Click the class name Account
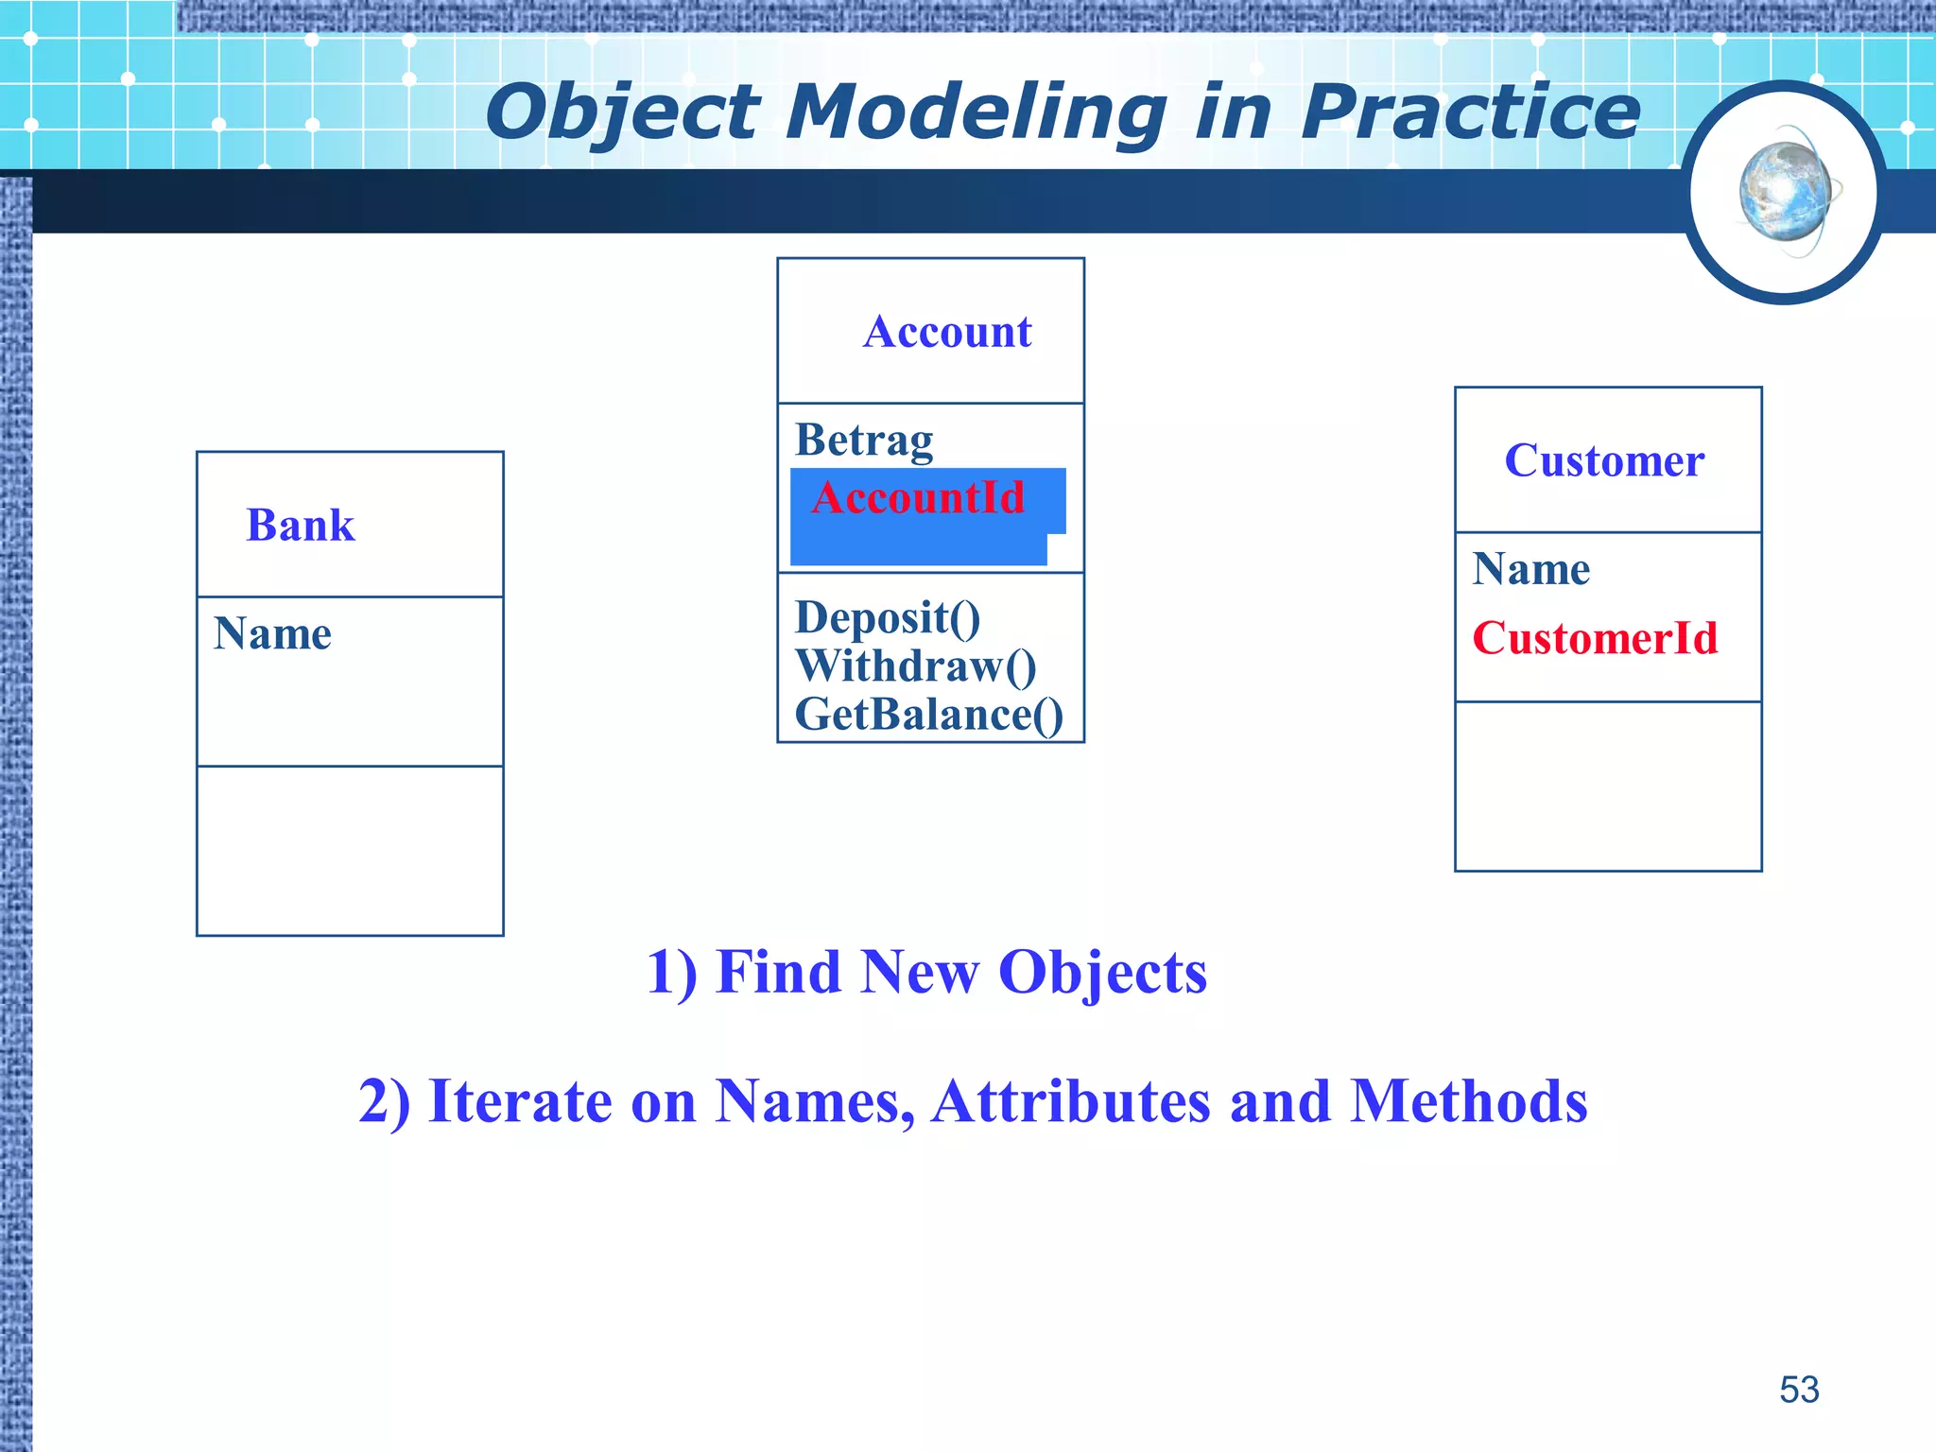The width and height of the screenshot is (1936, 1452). pos(946,332)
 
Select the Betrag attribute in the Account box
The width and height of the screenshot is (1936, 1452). pos(864,441)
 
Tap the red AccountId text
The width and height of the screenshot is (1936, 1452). pos(918,498)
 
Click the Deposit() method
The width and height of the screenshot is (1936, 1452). pos(888,618)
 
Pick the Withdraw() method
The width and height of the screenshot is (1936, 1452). pos(915,666)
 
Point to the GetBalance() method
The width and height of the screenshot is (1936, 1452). pos(928,715)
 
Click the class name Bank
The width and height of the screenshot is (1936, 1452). pos(300,526)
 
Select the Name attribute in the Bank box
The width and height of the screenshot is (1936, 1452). pos(272,634)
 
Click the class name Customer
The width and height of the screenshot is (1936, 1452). pos(1604,461)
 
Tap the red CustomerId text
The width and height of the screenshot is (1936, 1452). pos(1595,639)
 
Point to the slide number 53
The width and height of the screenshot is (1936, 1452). pos(1798,1390)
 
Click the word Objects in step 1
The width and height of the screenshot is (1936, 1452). pos(1102,973)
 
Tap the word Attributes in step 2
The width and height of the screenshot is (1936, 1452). pos(1070,1102)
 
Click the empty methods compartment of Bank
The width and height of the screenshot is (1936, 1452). pos(350,851)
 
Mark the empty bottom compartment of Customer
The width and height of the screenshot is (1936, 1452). pos(1607,786)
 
